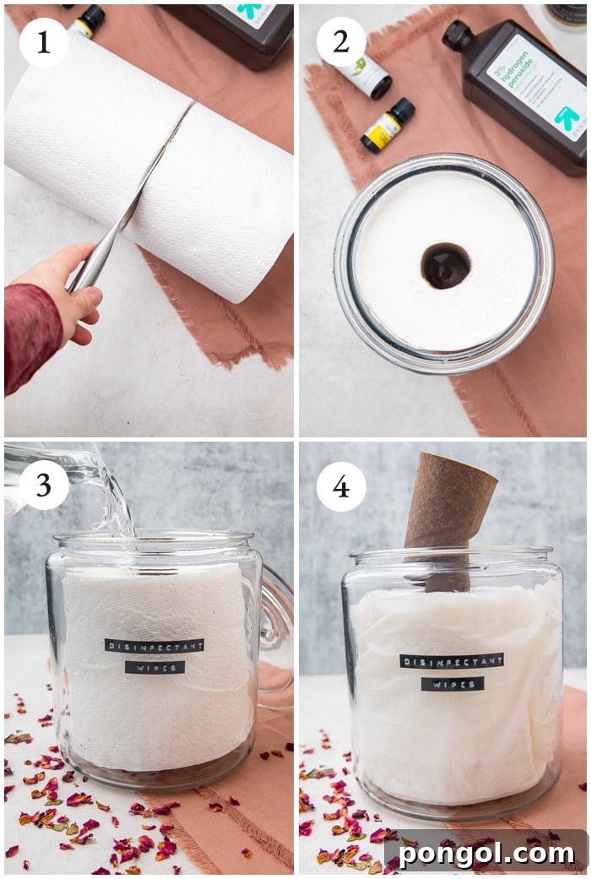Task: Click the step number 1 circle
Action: click(x=43, y=42)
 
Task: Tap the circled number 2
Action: click(x=341, y=42)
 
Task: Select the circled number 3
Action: click(x=44, y=486)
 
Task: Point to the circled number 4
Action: click(x=341, y=486)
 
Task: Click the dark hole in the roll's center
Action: click(x=446, y=266)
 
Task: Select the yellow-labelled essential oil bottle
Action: click(x=388, y=126)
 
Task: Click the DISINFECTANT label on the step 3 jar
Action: click(x=155, y=645)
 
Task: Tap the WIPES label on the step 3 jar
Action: click(x=155, y=667)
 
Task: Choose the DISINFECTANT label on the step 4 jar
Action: click(x=452, y=660)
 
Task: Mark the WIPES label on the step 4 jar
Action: click(x=453, y=684)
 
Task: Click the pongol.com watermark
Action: click(x=486, y=853)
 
